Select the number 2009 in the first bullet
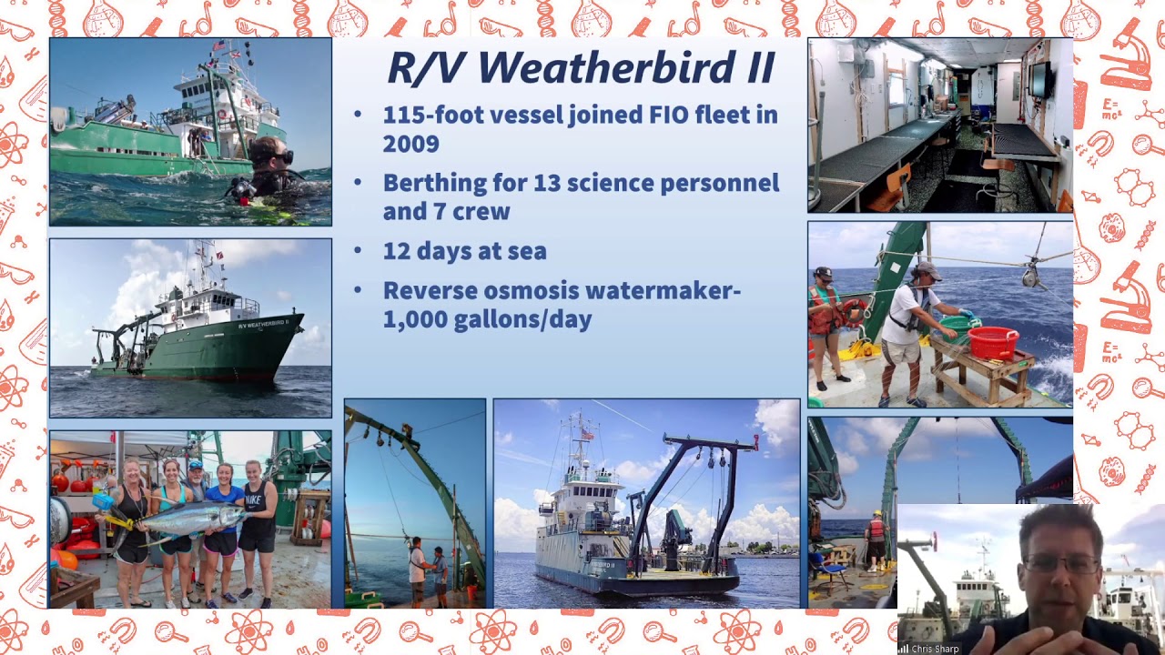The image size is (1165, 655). point(410,144)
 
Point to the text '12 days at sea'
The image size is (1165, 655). point(464,251)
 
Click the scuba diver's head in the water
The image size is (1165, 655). point(269,157)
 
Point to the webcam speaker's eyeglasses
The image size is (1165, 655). point(1060,564)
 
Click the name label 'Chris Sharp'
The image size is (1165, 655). point(935,649)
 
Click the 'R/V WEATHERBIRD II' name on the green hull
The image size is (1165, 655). point(263,324)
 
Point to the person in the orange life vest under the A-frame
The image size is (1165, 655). point(876,537)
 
